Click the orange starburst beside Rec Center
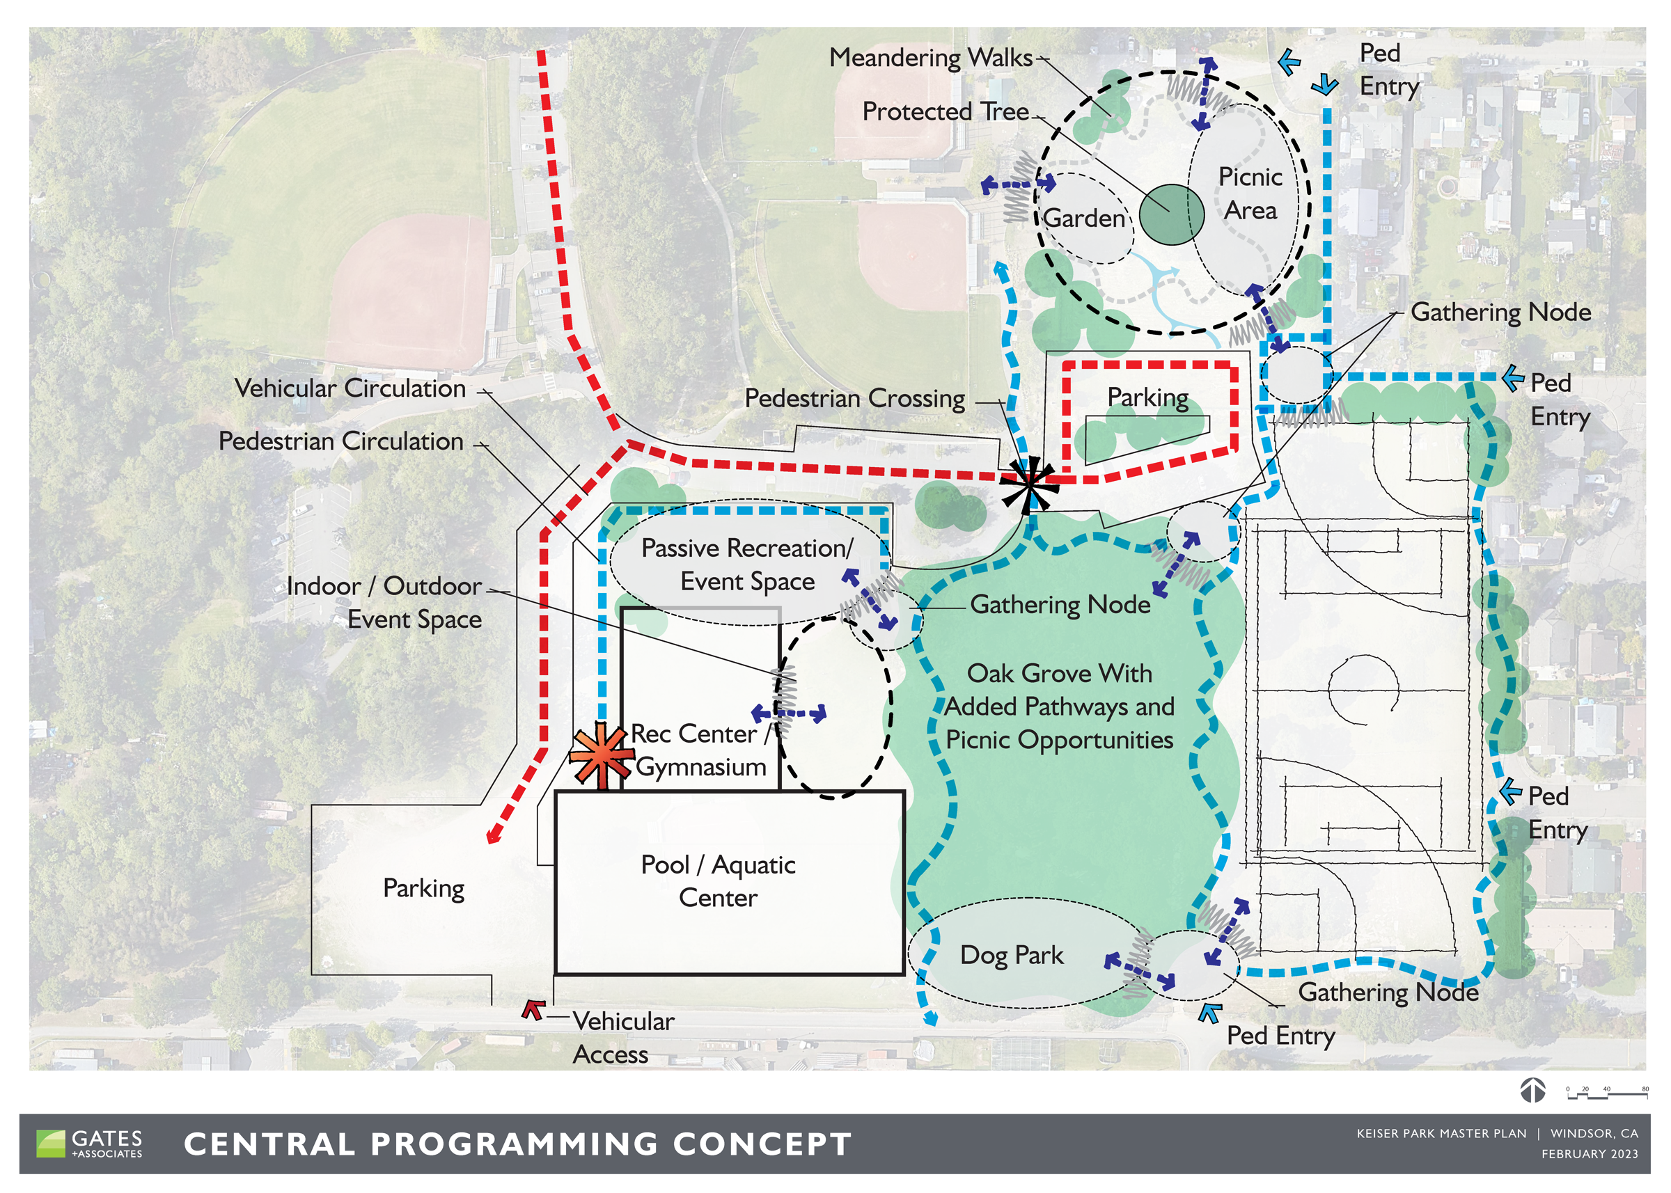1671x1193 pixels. [x=602, y=756]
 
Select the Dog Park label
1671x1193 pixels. [x=1011, y=955]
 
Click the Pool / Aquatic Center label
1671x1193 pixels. [x=718, y=880]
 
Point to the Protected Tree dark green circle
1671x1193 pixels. [x=1171, y=214]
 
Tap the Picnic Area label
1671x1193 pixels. [x=1250, y=193]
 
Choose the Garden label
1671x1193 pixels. [x=1084, y=218]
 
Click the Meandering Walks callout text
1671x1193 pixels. [x=930, y=57]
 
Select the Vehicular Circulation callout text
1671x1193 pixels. [x=350, y=388]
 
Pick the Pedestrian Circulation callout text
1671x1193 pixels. [x=341, y=441]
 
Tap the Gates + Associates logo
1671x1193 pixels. [x=90, y=1144]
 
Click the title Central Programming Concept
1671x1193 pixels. [x=517, y=1144]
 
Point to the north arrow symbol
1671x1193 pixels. [x=1533, y=1090]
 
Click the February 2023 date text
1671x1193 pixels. [x=1590, y=1154]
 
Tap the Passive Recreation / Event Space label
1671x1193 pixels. [x=747, y=564]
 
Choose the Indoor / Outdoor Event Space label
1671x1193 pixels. [x=384, y=602]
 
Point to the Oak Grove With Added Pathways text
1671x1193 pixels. [x=1059, y=706]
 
